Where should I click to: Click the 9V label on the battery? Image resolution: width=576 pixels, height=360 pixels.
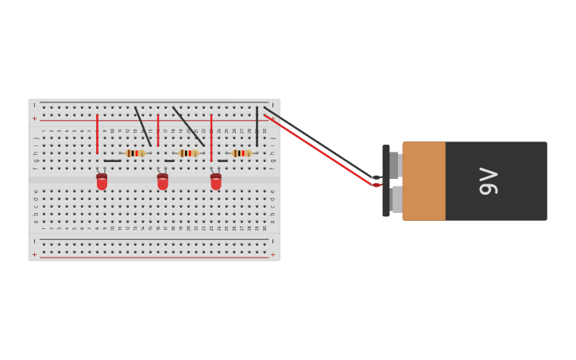click(488, 181)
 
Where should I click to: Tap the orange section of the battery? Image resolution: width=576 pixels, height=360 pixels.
click(423, 181)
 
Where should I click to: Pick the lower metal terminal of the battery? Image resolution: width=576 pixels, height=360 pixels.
click(396, 199)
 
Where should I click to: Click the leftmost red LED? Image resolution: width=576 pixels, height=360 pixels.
click(102, 182)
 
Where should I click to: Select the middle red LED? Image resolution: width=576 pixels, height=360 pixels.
click(163, 182)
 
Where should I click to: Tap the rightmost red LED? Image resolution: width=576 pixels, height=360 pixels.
click(216, 182)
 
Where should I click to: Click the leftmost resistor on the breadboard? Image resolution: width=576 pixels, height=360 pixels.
click(135, 153)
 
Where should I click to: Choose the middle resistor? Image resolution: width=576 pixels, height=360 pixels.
click(188, 153)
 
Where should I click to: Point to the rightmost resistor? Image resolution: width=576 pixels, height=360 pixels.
click(242, 153)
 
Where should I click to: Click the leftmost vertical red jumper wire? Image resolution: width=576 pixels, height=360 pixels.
click(97, 134)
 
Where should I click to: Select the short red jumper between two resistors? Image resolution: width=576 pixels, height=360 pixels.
click(158, 130)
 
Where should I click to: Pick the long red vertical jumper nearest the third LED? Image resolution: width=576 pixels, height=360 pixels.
click(211, 137)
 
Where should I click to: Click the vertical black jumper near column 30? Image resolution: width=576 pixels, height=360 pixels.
click(257, 126)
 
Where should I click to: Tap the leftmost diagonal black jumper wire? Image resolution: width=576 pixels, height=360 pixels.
click(143, 126)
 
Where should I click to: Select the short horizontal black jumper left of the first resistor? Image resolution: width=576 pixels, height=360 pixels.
click(112, 161)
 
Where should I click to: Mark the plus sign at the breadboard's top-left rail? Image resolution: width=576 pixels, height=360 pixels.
click(34, 118)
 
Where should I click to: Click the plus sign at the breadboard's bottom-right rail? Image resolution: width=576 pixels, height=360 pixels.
click(273, 255)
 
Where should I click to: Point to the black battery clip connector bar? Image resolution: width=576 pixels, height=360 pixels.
click(386, 181)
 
